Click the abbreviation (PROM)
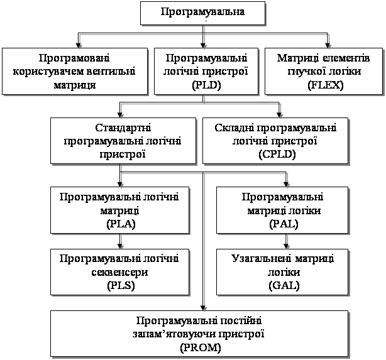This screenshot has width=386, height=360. (x=199, y=347)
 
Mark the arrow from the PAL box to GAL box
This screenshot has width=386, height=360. (x=287, y=241)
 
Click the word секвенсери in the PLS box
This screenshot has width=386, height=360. (x=120, y=271)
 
